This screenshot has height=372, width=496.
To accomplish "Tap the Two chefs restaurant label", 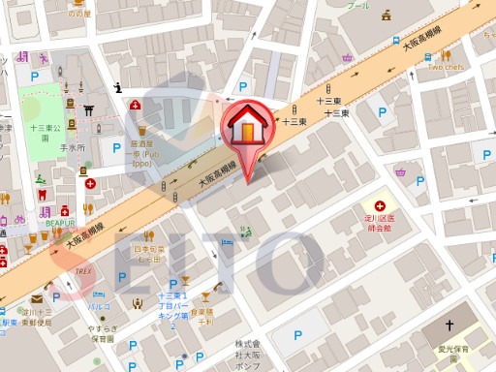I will click(x=448, y=67).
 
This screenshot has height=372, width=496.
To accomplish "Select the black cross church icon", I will click(x=449, y=326).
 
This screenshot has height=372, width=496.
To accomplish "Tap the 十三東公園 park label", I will click(x=46, y=127).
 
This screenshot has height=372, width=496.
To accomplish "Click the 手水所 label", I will click(x=74, y=147).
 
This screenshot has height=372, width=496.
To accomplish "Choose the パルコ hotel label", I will click(x=99, y=306).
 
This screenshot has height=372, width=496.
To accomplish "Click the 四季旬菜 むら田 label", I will click(x=147, y=254).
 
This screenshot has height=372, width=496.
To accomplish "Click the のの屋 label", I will click(x=79, y=14).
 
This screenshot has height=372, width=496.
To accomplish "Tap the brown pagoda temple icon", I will click(x=387, y=15).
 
